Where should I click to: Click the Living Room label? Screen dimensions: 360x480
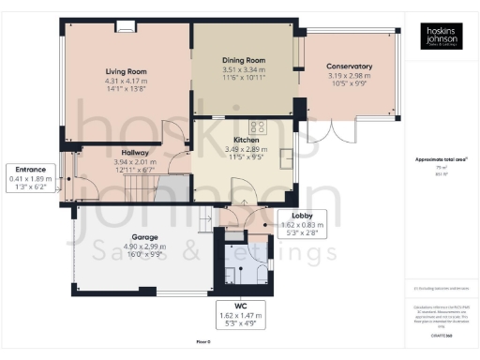point(126,71)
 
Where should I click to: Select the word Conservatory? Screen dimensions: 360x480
point(349,67)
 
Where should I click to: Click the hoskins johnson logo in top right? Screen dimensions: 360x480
point(436,37)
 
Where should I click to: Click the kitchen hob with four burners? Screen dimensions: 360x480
point(257,126)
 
